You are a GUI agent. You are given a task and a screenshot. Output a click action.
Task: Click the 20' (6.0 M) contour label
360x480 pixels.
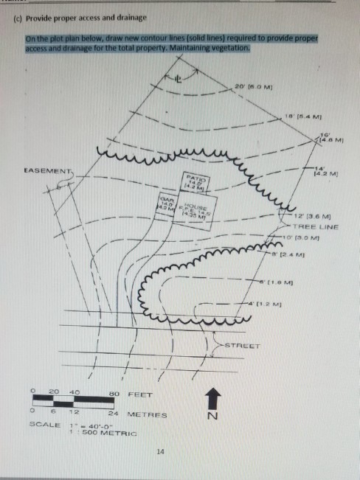[x=243, y=88]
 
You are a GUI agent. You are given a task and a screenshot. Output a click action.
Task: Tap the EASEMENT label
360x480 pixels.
[x=46, y=172]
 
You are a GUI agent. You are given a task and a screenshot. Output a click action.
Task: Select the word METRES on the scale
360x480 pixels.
[x=147, y=414]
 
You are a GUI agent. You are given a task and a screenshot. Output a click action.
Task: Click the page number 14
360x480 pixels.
[x=161, y=450]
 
